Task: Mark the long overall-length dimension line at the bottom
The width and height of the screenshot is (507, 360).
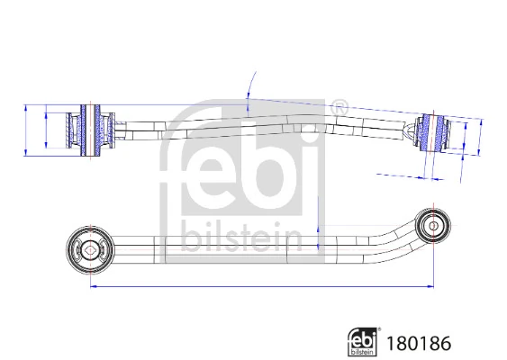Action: tap(261, 287)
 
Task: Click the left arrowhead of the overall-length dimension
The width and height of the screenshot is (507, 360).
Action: tap(92, 287)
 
